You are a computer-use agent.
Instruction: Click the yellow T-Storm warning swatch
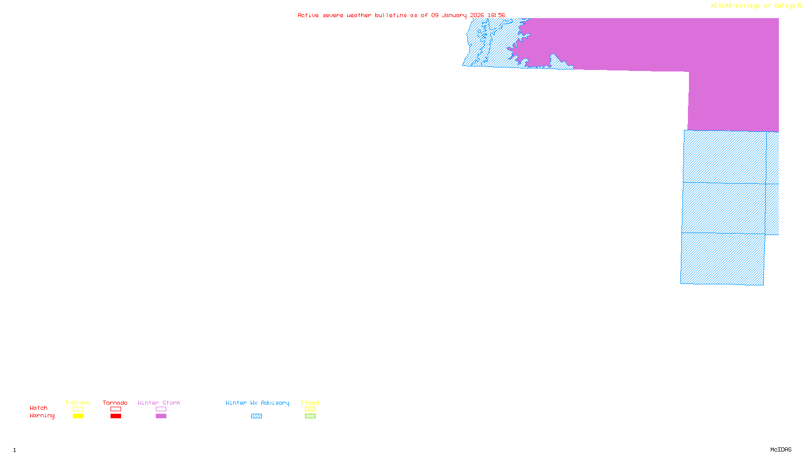pyautogui.click(x=78, y=416)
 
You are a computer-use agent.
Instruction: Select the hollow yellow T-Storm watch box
pyautogui.click(x=78, y=409)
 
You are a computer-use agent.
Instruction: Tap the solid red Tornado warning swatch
pyautogui.click(x=116, y=416)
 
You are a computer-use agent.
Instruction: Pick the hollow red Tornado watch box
pyautogui.click(x=116, y=409)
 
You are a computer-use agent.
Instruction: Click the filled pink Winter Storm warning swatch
pyautogui.click(x=161, y=416)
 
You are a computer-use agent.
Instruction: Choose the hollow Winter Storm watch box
pyautogui.click(x=161, y=409)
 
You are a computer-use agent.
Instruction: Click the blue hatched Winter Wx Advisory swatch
pyautogui.click(x=256, y=416)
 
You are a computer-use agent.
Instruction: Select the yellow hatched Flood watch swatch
pyautogui.click(x=310, y=409)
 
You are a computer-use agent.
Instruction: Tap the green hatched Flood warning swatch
pyautogui.click(x=310, y=416)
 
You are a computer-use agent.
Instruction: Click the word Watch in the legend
pyautogui.click(x=39, y=408)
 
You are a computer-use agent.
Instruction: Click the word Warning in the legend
pyautogui.click(x=42, y=416)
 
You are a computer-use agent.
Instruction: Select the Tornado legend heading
pyautogui.click(x=115, y=403)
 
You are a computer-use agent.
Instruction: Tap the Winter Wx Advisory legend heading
pyautogui.click(x=257, y=403)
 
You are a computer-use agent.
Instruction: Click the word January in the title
pyautogui.click(x=454, y=15)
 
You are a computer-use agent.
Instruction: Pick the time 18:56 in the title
pyautogui.click(x=496, y=15)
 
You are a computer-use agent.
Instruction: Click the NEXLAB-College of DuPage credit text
pyautogui.click(x=753, y=6)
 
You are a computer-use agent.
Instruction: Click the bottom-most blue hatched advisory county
pyautogui.click(x=723, y=259)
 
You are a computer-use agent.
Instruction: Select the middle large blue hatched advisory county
pyautogui.click(x=724, y=208)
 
